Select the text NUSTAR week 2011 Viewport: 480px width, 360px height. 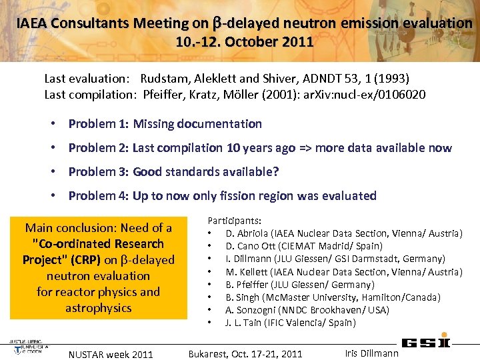pos(111,354)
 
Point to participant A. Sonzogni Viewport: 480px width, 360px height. pos(248,310)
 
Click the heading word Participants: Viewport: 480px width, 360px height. pos(235,220)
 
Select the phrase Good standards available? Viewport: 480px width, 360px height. pos(205,171)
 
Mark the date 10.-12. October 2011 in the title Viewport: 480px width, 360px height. pos(244,42)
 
